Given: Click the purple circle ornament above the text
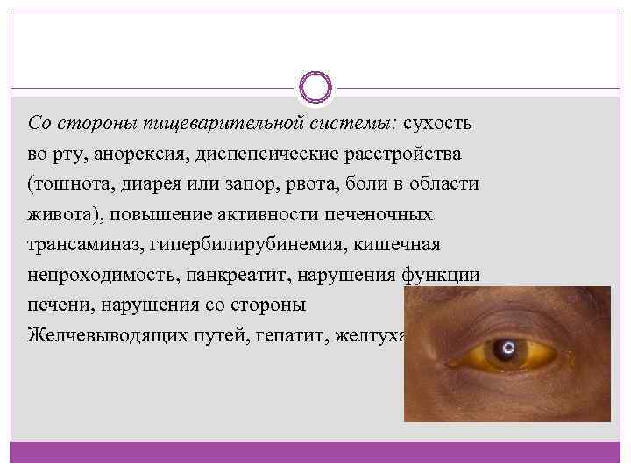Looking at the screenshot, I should click(315, 87).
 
